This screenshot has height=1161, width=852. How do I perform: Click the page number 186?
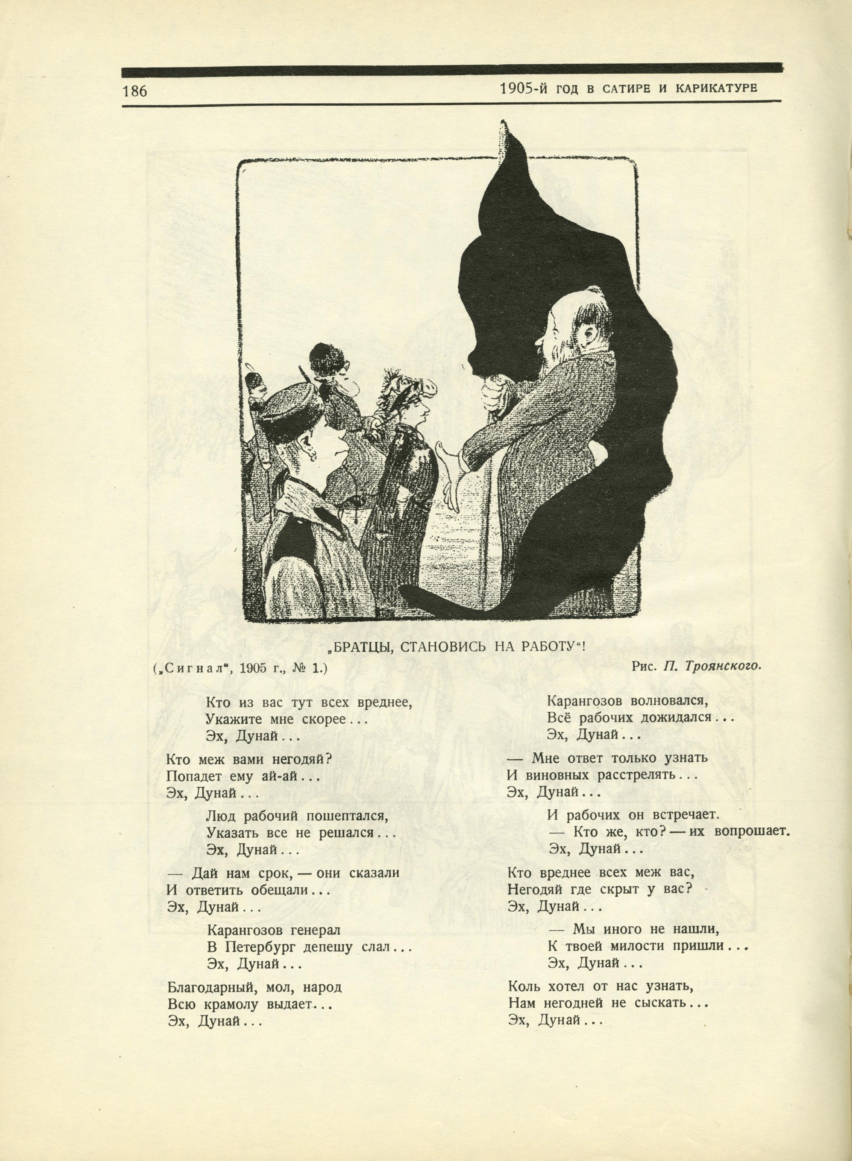coord(135,91)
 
